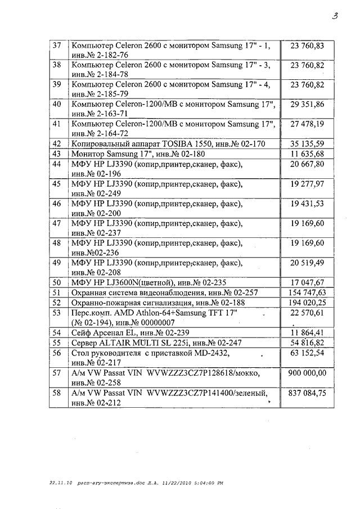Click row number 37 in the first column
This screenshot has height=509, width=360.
tap(56, 45)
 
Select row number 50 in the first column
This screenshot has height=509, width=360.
tap(56, 283)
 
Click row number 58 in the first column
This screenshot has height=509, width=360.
tap(56, 393)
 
